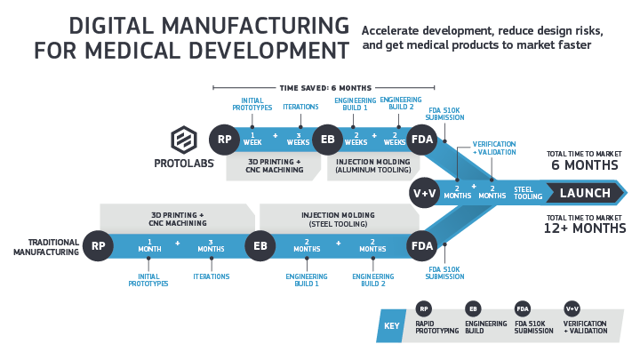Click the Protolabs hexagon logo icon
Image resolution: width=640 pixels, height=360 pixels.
click(185, 140)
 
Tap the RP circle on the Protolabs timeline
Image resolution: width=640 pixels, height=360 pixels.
click(224, 140)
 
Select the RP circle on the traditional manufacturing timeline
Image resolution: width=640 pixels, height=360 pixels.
click(98, 245)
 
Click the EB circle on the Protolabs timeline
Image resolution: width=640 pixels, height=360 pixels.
click(327, 140)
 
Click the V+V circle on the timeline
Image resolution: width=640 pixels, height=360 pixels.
click(424, 193)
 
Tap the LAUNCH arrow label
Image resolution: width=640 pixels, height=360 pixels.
click(585, 193)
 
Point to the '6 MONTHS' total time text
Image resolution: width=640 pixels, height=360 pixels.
click(585, 165)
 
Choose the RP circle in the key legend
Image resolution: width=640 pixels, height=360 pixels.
click(423, 308)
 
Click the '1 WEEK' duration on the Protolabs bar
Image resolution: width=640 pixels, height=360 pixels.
click(252, 140)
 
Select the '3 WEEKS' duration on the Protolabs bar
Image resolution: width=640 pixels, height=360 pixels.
click(299, 140)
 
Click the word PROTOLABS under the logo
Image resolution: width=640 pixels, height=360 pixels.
click(185, 164)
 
